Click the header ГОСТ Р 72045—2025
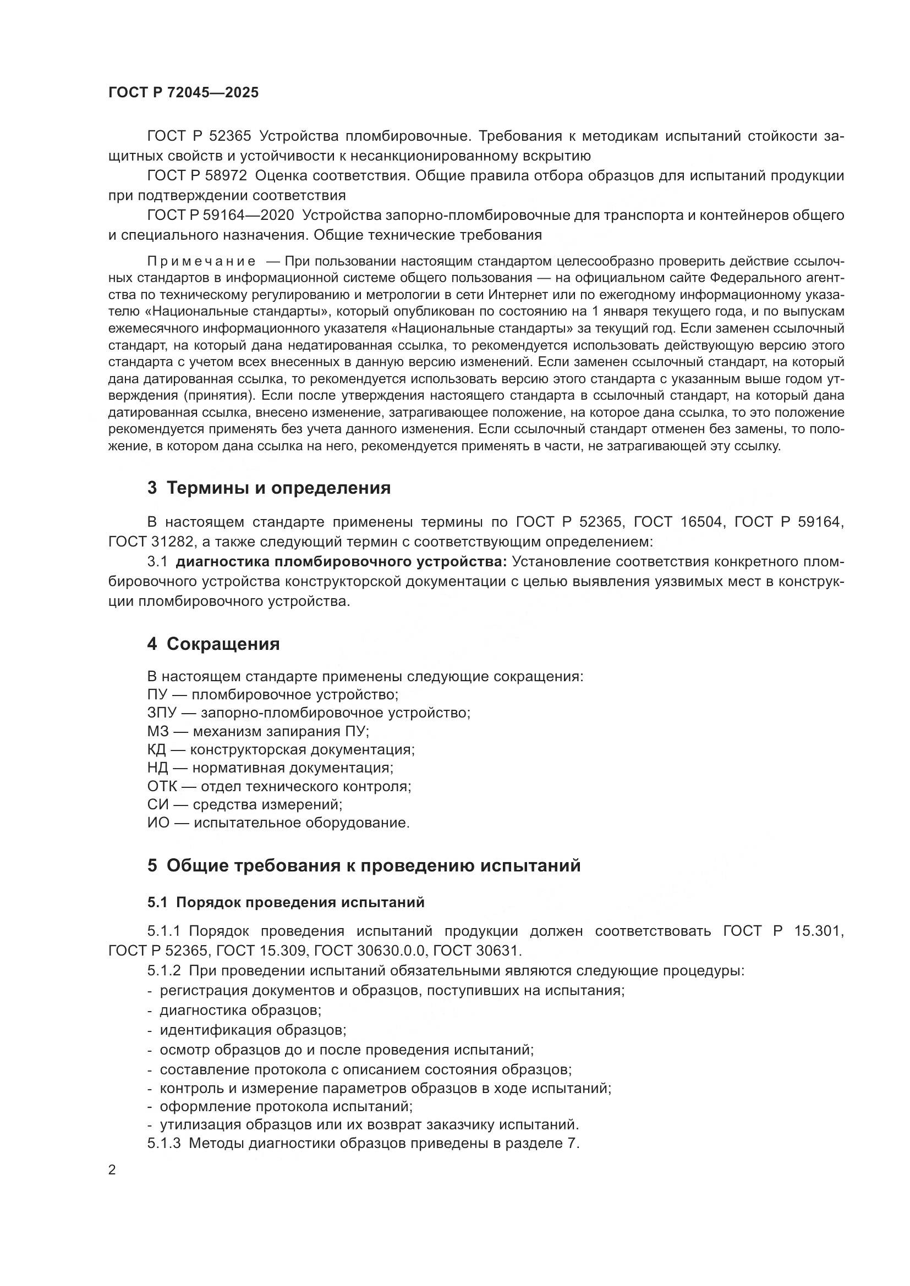tap(183, 93)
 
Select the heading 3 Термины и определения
tap(269, 488)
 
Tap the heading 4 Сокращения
tap(213, 644)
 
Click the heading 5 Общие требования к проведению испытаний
tap(364, 865)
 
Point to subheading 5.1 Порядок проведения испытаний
tap(286, 902)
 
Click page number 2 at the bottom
tap(112, 1170)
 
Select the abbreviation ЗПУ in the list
tap(162, 713)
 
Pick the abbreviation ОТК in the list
tap(162, 786)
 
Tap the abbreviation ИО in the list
tap(158, 823)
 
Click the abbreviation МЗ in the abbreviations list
tap(157, 731)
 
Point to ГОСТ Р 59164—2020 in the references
tap(220, 215)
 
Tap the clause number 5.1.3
tap(163, 1143)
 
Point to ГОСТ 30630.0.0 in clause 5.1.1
tap(370, 951)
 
